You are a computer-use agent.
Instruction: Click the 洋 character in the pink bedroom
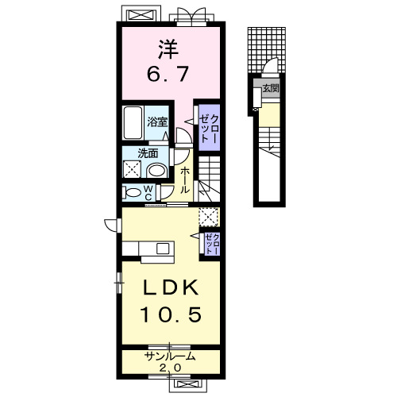click(168, 49)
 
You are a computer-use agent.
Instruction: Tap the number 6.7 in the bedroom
click(168, 74)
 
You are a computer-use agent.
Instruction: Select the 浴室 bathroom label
click(157, 122)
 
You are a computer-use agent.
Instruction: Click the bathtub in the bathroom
click(133, 122)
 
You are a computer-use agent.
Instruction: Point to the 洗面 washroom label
click(148, 153)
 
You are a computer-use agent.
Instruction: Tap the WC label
click(148, 192)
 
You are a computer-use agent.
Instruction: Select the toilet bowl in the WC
click(133, 192)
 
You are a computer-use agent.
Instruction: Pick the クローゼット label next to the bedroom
click(209, 129)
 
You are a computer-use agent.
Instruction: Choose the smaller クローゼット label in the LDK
click(212, 244)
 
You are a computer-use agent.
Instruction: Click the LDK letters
click(171, 287)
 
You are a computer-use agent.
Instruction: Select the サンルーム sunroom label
click(170, 357)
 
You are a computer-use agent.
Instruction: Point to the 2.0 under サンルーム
click(170, 368)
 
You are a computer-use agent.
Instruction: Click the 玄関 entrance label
click(271, 88)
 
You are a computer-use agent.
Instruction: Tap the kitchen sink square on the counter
click(163, 249)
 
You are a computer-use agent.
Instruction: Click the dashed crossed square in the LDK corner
click(209, 217)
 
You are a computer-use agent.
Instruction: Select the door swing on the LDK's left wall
click(110, 225)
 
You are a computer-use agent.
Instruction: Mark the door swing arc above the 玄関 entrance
click(270, 64)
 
